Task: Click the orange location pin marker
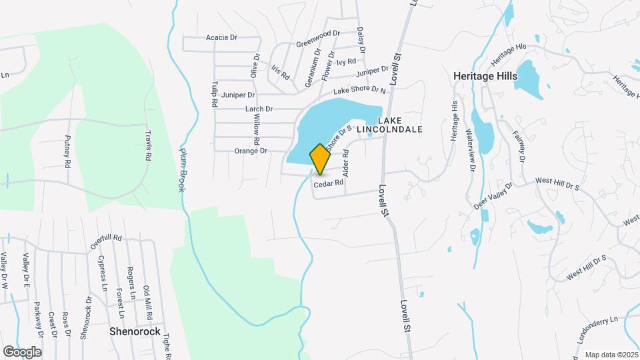pyautogui.click(x=320, y=159)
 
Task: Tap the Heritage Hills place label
pyautogui.click(x=485, y=76)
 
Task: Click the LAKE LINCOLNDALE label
pyautogui.click(x=400, y=125)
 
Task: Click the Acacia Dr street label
pyautogui.click(x=222, y=38)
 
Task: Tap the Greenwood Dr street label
pyautogui.click(x=318, y=38)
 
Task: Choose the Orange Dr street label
pyautogui.click(x=251, y=151)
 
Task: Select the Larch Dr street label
pyautogui.click(x=259, y=109)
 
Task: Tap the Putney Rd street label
pyautogui.click(x=67, y=150)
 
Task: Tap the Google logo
pyautogui.click(x=22, y=351)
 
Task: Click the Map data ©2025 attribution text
pyautogui.click(x=611, y=355)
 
